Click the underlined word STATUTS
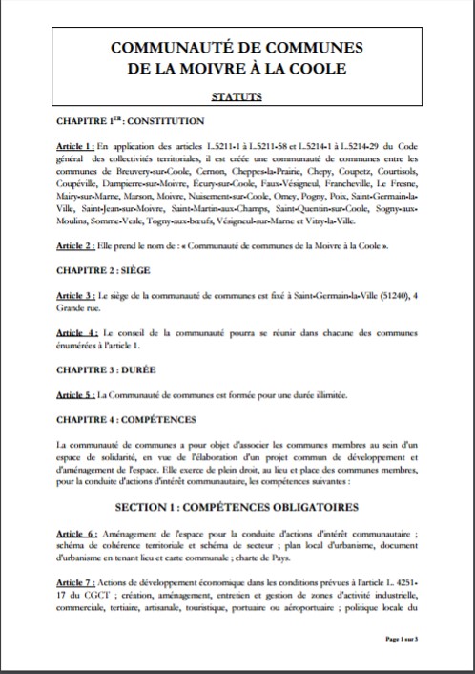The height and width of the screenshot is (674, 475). (237, 96)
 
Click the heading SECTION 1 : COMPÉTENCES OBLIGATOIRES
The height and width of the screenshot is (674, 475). (237, 505)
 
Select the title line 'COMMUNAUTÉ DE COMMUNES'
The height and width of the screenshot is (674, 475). (237, 48)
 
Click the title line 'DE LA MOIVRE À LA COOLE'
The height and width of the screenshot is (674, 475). (237, 69)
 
